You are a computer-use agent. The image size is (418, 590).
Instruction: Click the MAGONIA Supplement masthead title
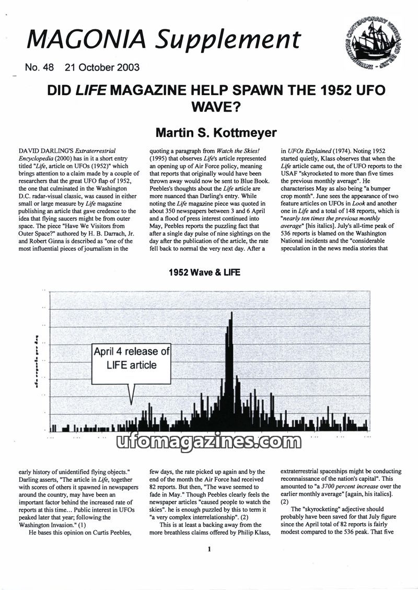click(164, 40)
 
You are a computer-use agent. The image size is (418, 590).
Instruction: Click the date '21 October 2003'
click(102, 67)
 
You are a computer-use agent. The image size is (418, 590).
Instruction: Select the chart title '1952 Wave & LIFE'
click(204, 273)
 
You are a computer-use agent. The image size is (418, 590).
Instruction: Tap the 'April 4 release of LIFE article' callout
click(131, 358)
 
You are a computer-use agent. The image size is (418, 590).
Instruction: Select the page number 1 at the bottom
click(209, 549)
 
